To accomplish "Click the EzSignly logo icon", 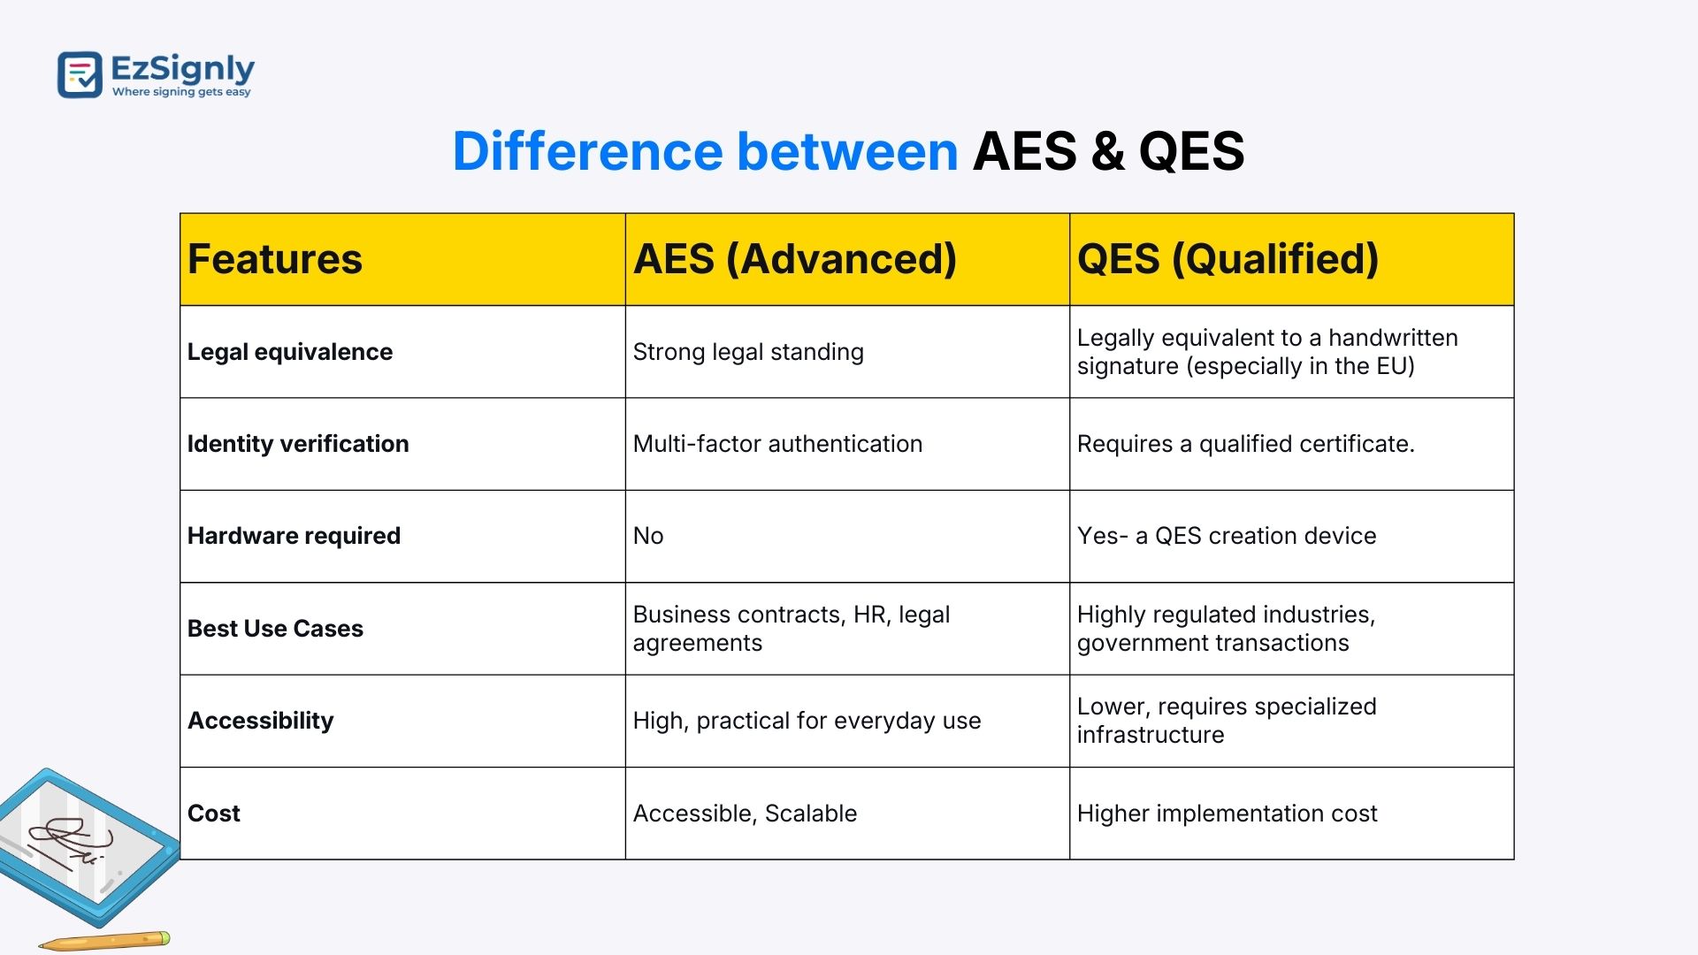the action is [80, 74].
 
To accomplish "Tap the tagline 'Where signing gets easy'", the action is [181, 92].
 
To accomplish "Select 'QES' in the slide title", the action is [1191, 151].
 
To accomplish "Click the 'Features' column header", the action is [275, 259].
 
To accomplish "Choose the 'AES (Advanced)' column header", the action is [795, 259].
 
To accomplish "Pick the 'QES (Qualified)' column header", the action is [1228, 259].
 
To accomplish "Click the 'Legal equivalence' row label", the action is [290, 352].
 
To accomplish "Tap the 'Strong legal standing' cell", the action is [748, 352].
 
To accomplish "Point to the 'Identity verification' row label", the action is [298, 444].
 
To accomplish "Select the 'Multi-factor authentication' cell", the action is [777, 444].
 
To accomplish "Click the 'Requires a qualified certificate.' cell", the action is [1246, 444].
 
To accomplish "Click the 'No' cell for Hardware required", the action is [648, 536].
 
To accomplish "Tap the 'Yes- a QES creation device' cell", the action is [1227, 536].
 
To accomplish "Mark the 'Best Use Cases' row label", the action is [275, 629].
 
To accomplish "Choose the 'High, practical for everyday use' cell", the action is [807, 721].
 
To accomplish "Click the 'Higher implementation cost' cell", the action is [1228, 814].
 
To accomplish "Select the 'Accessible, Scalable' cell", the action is [745, 814].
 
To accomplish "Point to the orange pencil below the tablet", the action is [104, 941].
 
